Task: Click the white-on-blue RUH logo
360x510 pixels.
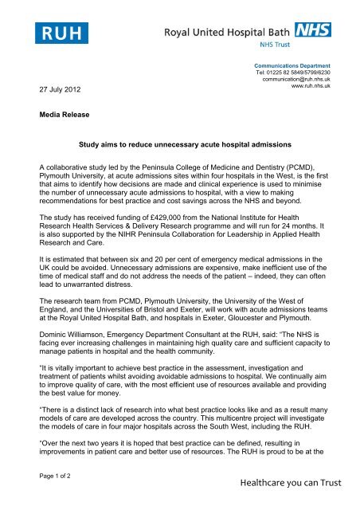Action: tap(61, 32)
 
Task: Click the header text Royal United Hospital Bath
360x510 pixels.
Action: tap(229, 33)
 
